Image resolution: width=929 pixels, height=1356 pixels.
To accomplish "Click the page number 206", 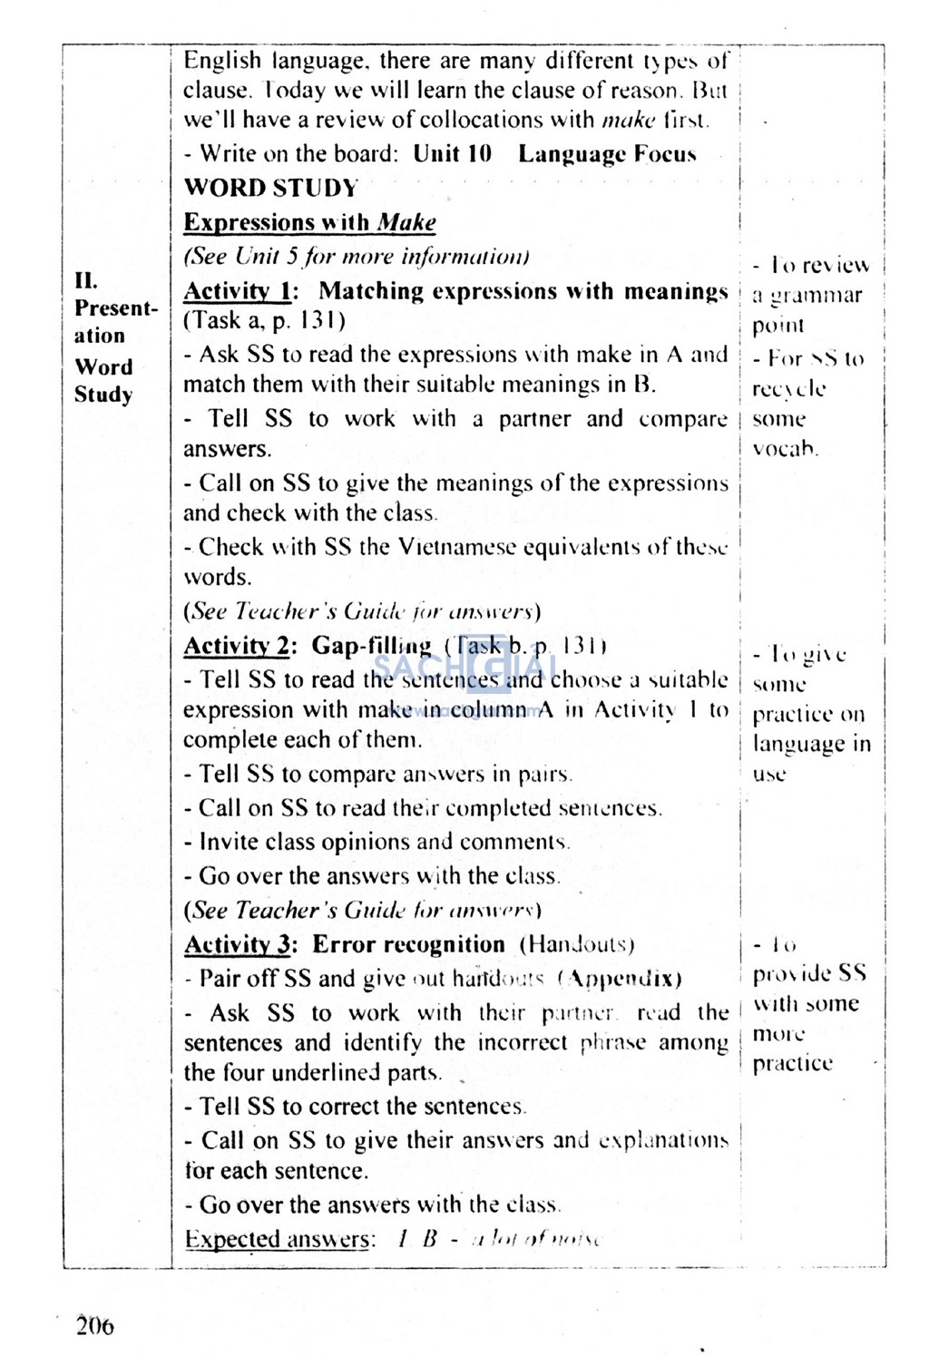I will [95, 1326].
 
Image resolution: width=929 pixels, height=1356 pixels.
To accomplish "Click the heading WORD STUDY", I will [270, 189].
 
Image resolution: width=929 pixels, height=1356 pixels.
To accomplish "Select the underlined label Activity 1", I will [237, 291].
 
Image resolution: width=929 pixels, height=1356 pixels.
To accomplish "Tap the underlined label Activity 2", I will [238, 646].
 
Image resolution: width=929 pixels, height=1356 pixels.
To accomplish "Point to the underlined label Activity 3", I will [238, 944].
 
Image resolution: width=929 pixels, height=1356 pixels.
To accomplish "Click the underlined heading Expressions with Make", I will [309, 222].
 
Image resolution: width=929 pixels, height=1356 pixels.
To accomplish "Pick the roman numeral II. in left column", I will [86, 280].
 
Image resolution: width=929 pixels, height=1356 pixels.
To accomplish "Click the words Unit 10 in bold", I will [452, 153].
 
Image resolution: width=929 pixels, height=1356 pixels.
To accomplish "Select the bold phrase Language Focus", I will [607, 154].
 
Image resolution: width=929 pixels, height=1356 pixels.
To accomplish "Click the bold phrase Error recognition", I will [408, 944].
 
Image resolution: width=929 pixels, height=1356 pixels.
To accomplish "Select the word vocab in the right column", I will [784, 449].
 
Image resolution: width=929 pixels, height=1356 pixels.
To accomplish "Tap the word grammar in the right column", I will [816, 296].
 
